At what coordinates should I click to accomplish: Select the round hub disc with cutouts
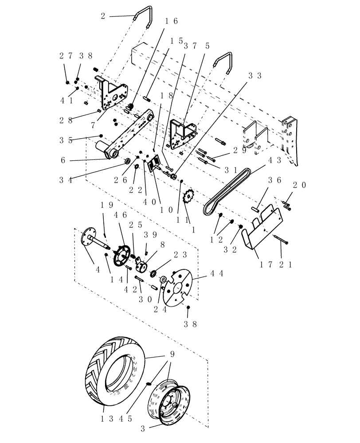[x=176, y=288]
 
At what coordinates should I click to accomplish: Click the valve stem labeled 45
[x=149, y=383]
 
